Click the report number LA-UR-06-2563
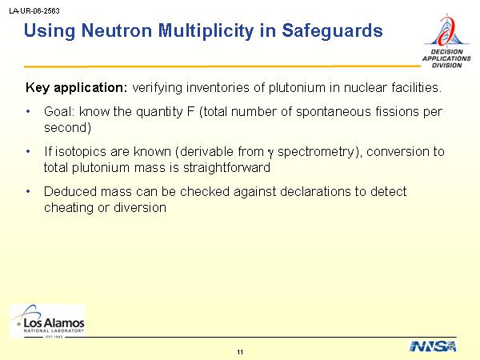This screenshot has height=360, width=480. point(34,11)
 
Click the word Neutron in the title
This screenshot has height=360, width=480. point(117,30)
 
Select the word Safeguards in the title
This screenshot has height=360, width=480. point(332,31)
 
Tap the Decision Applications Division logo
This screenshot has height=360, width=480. point(446,41)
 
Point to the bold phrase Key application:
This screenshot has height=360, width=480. point(76,88)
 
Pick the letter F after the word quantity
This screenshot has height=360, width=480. point(190,111)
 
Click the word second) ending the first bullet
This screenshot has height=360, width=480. point(68,128)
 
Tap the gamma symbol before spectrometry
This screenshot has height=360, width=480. point(270,153)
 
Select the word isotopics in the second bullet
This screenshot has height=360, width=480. point(81,152)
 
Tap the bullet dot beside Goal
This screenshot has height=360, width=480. point(28,112)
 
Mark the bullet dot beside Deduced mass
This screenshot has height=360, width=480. point(28,192)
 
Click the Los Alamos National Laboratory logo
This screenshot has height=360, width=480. point(48,321)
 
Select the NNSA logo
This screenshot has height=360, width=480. point(433,346)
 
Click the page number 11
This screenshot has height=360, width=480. point(240,352)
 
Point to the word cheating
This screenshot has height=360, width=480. point(69,207)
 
